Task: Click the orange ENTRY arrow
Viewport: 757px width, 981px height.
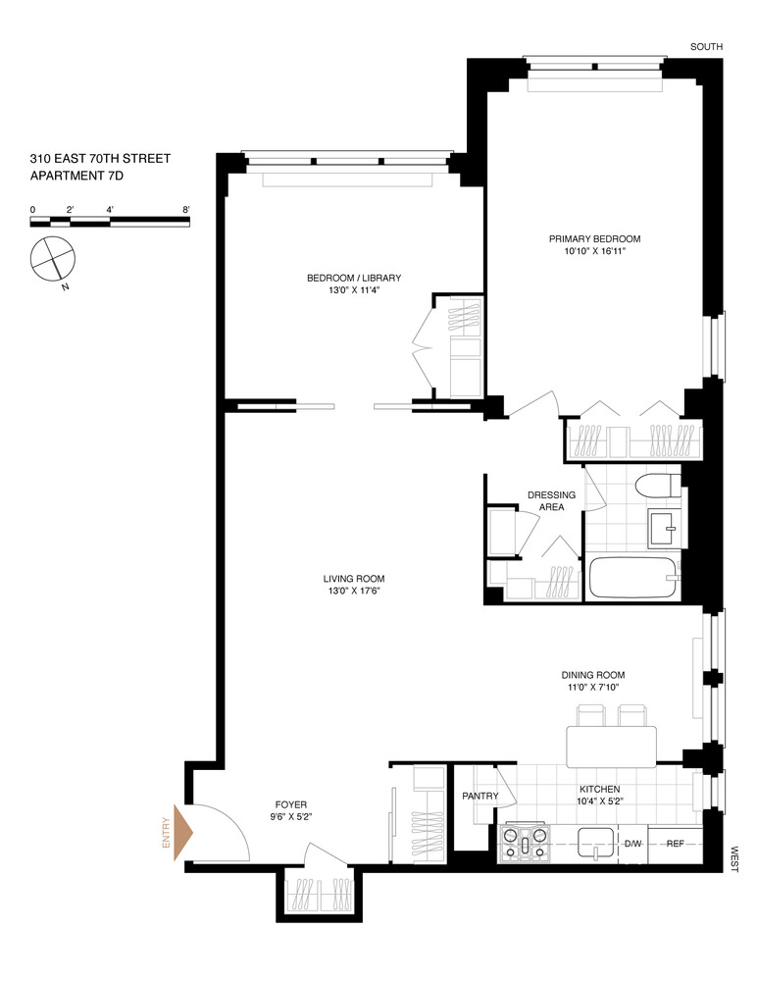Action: (x=182, y=833)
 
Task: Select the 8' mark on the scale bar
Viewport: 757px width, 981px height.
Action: (x=185, y=210)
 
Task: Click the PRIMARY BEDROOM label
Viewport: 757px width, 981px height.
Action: (x=594, y=245)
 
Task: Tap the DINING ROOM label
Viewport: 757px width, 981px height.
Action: (x=592, y=681)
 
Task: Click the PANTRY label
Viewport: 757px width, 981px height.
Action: (x=480, y=797)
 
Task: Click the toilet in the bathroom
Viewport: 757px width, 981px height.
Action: (x=656, y=487)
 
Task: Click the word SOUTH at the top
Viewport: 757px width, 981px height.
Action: (x=706, y=46)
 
